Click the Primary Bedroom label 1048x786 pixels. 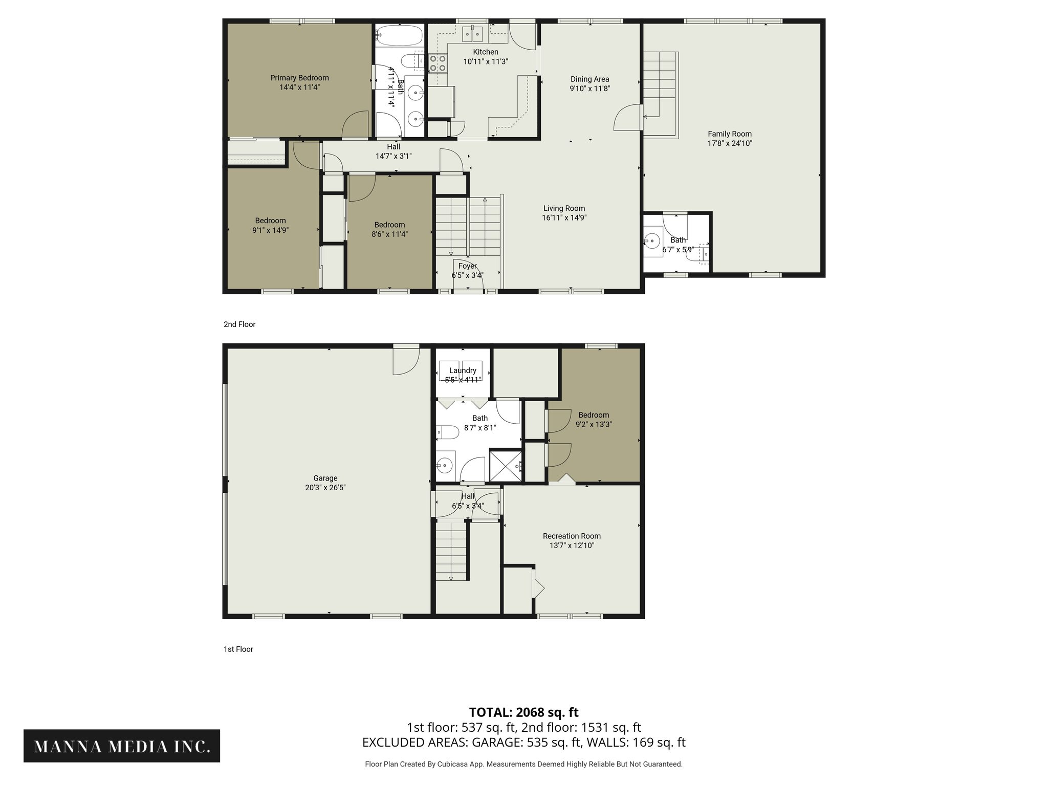pos(299,78)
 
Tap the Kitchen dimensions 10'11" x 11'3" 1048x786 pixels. pos(485,61)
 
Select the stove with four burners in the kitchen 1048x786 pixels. pos(438,63)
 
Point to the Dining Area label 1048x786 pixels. pos(589,79)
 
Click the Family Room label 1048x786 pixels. pos(729,134)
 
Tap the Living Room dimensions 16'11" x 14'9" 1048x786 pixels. pos(564,217)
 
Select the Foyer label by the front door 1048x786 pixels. pos(467,266)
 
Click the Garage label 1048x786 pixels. pos(325,478)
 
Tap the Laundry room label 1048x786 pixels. pos(463,370)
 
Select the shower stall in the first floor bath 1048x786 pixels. pos(506,465)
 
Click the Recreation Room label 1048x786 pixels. pos(572,536)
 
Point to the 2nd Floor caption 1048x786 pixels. pos(239,324)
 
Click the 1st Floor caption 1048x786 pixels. pos(238,649)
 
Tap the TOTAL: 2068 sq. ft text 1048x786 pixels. pos(523,712)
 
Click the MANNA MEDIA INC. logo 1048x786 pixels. pos(122,746)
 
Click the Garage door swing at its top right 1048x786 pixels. pos(406,361)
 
